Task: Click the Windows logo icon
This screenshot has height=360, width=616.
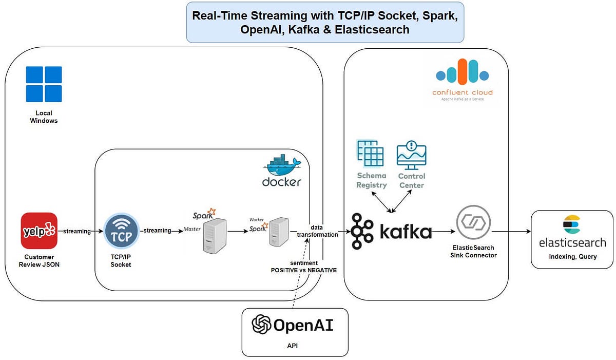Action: coord(44,84)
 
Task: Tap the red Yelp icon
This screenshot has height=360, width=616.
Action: coord(39,231)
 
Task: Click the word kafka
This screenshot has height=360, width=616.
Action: coord(406,232)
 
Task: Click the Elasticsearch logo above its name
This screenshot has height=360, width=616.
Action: coord(571,225)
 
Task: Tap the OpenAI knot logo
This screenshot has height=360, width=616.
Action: coord(261,325)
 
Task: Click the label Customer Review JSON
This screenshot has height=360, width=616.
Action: coord(39,260)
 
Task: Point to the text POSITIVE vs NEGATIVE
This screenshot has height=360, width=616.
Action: coord(304,270)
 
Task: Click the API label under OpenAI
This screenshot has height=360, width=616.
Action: coord(293,346)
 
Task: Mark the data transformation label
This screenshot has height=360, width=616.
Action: coord(317,231)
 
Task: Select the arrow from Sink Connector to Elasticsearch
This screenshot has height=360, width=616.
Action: coord(511,232)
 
